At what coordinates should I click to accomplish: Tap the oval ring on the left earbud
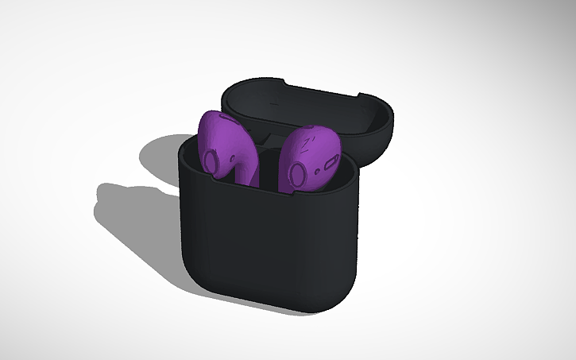(211, 162)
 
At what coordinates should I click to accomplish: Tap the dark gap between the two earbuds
(266, 163)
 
